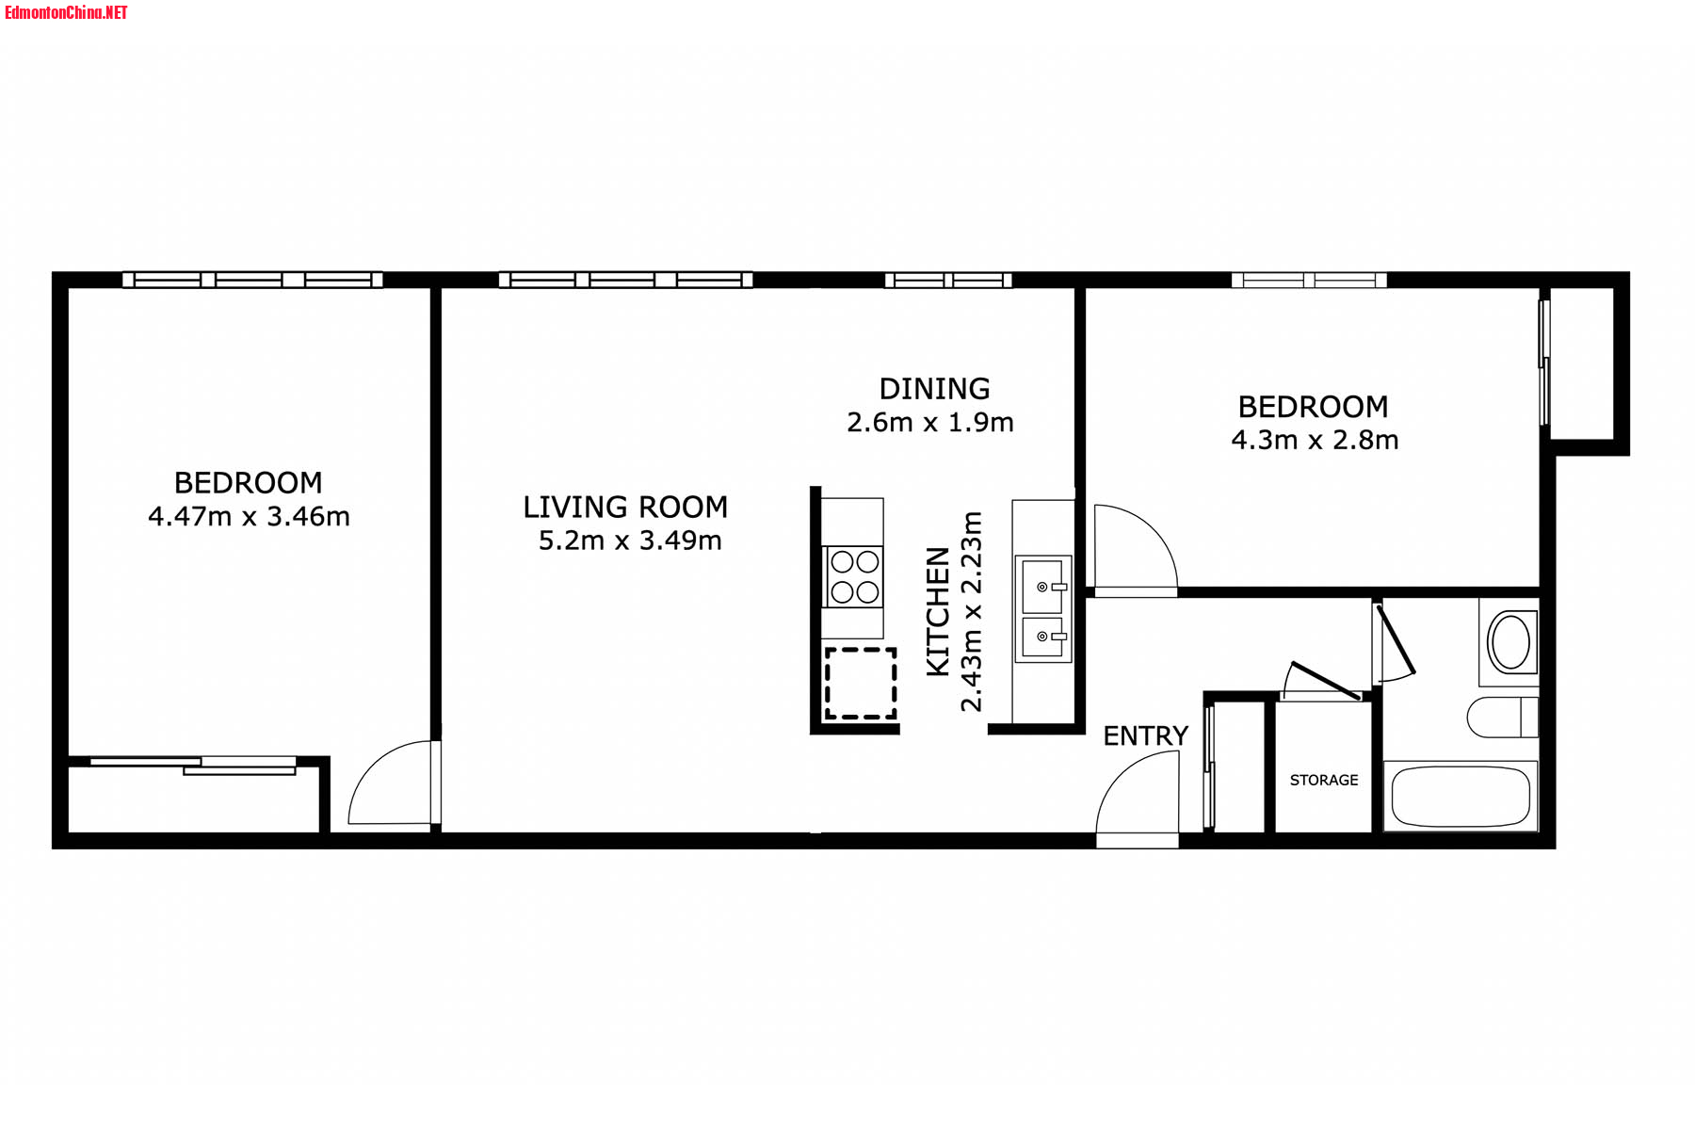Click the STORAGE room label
(x=1323, y=780)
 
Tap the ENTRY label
(x=1145, y=735)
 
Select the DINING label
(x=934, y=389)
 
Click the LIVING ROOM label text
(x=625, y=508)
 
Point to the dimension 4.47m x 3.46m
(x=249, y=516)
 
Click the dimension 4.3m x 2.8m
(x=1315, y=440)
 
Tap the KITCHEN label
(x=938, y=611)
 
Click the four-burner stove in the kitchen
(x=854, y=576)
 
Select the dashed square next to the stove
(x=861, y=683)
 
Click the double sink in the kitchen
(x=1043, y=609)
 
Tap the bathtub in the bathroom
(x=1461, y=796)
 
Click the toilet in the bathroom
(x=1503, y=718)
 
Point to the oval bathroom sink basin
(x=1510, y=642)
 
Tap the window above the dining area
(x=948, y=280)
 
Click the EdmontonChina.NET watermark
(x=66, y=12)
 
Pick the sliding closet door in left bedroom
(x=194, y=765)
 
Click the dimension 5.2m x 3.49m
(x=630, y=541)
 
